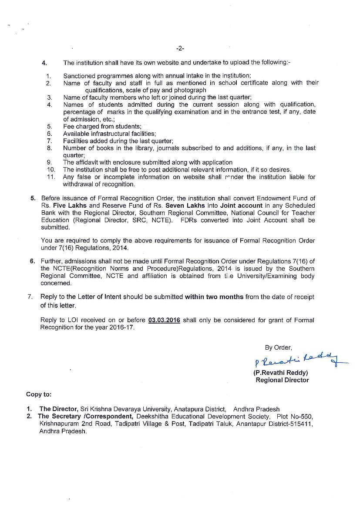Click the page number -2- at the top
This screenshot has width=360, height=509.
[x=180, y=49]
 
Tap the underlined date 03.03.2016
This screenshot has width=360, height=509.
[x=164, y=320]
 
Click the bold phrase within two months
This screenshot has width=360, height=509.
[x=214, y=297]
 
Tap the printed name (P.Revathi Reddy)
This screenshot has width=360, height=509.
[x=280, y=373]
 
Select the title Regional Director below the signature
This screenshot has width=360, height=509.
[x=282, y=380]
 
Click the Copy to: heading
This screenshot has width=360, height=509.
[x=39, y=394]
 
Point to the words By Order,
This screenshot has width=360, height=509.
[x=279, y=347]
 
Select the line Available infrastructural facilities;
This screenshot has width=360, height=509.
[x=109, y=134]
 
